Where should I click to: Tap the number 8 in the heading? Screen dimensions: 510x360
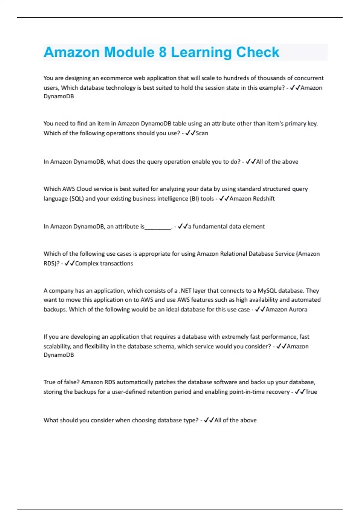(x=163, y=52)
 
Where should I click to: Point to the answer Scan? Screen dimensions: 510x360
(x=202, y=133)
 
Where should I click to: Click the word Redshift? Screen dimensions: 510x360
(x=264, y=199)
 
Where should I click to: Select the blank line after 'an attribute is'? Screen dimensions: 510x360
(x=158, y=227)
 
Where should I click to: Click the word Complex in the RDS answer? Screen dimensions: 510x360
(x=87, y=263)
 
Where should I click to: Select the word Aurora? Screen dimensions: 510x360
(x=297, y=309)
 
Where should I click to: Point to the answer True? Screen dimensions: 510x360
(x=311, y=392)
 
